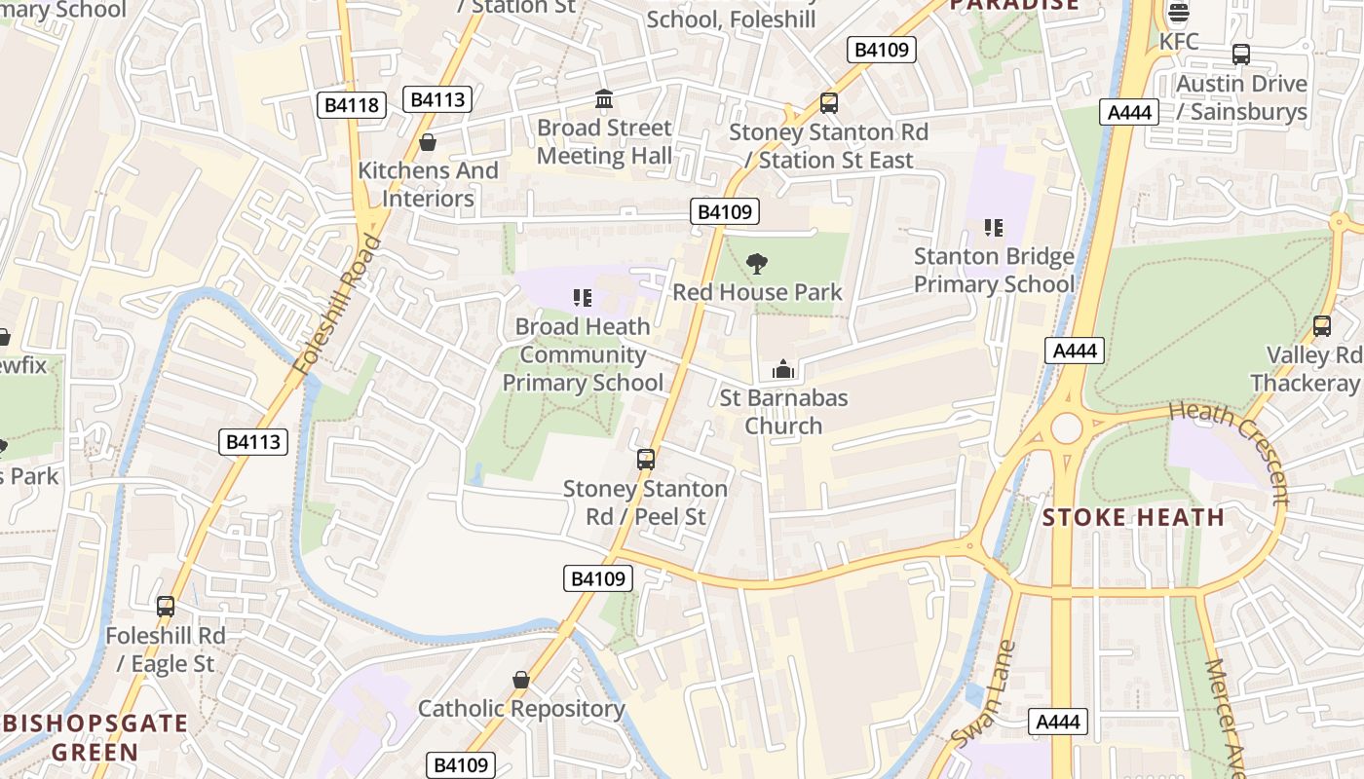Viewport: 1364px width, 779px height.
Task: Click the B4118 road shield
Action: pos(352,105)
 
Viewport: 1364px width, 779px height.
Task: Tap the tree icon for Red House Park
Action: pos(755,264)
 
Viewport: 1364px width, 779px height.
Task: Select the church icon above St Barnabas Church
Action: pos(783,370)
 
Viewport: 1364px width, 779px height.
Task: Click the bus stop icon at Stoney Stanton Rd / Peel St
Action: pos(645,460)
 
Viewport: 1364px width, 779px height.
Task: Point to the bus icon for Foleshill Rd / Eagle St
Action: pos(166,607)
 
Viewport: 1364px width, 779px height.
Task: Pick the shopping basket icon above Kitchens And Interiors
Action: pos(427,143)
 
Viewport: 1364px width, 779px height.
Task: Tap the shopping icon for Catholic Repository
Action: pos(521,680)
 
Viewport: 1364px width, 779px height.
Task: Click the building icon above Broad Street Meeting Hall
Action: pos(604,99)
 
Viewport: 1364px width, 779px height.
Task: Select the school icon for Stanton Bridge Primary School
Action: pos(994,228)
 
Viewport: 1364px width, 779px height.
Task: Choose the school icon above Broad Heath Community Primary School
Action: pos(583,298)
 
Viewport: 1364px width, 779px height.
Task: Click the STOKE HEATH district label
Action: pos(1133,517)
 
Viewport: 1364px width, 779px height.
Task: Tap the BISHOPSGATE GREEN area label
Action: pos(95,737)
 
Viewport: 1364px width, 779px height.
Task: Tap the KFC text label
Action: pos(1179,42)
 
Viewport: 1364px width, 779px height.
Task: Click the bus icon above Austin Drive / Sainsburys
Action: pos(1240,55)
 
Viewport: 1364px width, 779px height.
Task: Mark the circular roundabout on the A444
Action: pos(1067,427)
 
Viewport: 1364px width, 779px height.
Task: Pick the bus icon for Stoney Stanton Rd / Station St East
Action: pos(828,103)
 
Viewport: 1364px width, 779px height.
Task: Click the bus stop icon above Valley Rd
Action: pos(1322,326)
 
